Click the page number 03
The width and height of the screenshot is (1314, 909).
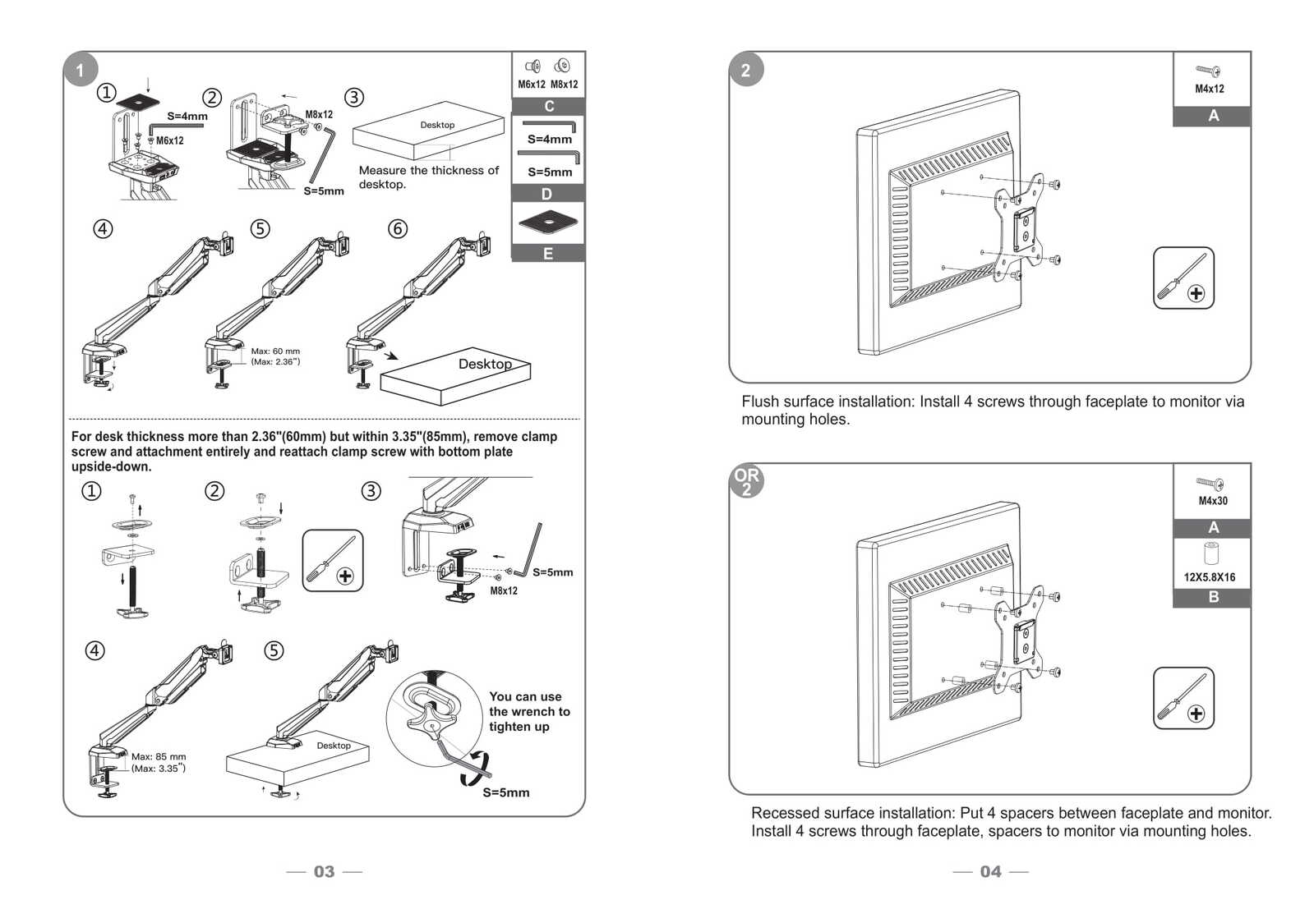324,871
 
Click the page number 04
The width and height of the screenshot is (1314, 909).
990,871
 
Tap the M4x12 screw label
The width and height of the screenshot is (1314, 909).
1209,89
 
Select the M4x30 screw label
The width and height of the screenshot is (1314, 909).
1212,501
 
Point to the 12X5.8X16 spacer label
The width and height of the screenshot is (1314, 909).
1209,577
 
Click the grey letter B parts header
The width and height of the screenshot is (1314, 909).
1213,597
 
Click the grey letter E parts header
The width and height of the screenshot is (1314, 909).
548,254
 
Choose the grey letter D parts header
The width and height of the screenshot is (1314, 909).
547,194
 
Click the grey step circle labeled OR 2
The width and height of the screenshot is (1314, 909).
746,481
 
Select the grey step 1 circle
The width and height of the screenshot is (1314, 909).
80,70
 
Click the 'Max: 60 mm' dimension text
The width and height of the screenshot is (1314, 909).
275,351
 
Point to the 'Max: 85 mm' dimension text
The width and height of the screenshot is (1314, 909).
159,757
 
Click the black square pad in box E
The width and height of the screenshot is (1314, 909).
548,220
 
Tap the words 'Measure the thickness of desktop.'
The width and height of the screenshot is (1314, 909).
428,177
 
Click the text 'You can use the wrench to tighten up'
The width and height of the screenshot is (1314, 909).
528,711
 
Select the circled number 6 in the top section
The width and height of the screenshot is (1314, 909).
398,228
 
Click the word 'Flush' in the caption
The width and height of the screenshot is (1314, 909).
759,402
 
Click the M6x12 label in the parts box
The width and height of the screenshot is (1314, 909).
531,84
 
